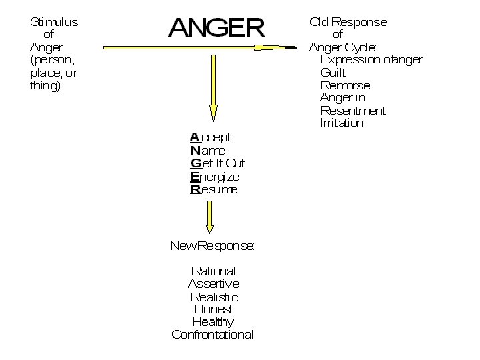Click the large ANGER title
click(216, 27)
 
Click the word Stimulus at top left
click(54, 22)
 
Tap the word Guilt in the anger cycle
click(333, 73)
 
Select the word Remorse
click(345, 85)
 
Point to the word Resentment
click(353, 111)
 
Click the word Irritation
click(342, 123)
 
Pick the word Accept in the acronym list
click(211, 137)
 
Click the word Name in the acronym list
click(207, 150)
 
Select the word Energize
click(215, 177)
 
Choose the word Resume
click(213, 189)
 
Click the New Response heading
click(212, 245)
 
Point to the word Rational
click(213, 271)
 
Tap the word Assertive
click(213, 284)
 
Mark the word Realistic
click(213, 297)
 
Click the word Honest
click(213, 309)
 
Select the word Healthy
click(213, 322)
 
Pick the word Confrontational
click(213, 335)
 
